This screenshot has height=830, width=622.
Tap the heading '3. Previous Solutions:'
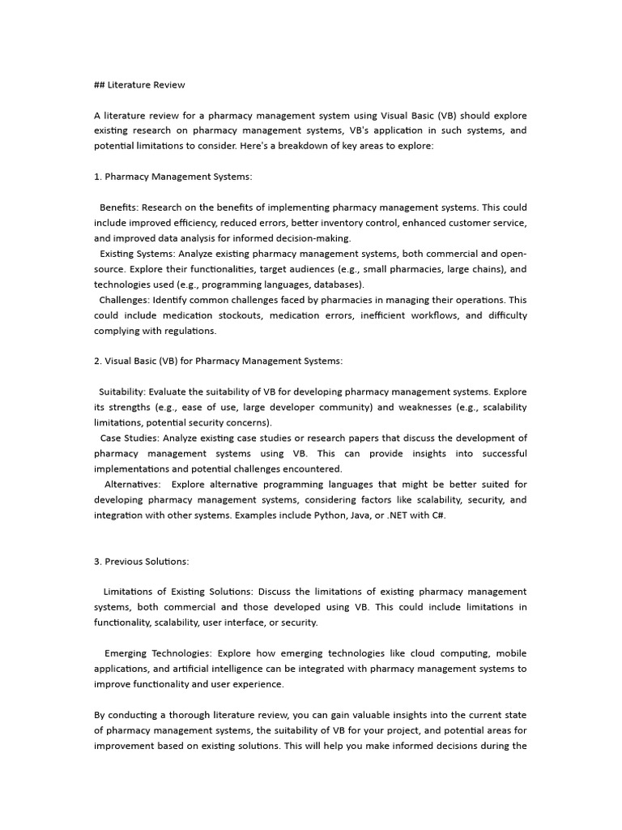pyautogui.click(x=142, y=561)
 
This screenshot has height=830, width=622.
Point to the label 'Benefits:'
pyautogui.click(x=118, y=207)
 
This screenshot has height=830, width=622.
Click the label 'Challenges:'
pyautogui.click(x=125, y=300)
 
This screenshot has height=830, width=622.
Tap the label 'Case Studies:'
pyautogui.click(x=123, y=439)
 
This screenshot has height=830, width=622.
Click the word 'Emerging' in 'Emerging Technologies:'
pyautogui.click(x=126, y=653)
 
